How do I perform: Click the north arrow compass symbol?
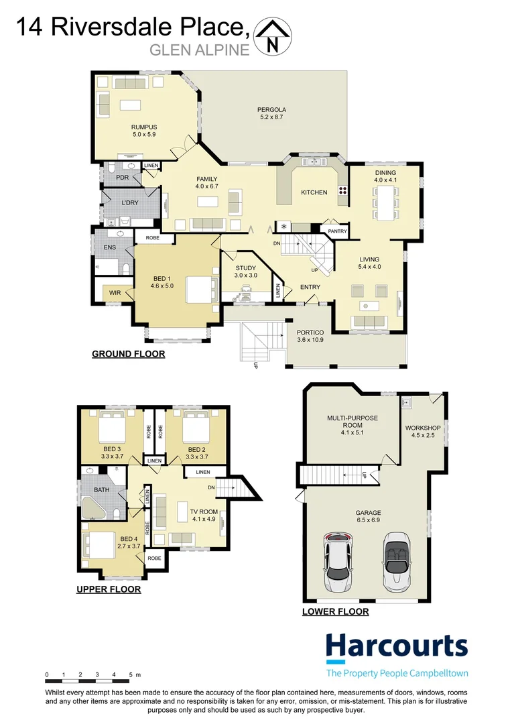click(272, 38)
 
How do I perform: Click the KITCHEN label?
click(314, 192)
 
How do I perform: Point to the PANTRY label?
click(337, 232)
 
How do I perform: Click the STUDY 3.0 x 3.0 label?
click(245, 271)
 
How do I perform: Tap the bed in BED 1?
click(200, 289)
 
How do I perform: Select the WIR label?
click(115, 293)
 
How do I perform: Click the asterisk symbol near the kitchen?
click(283, 227)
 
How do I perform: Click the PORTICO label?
click(310, 336)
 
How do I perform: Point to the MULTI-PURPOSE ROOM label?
click(353, 422)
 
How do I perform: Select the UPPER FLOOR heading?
click(109, 589)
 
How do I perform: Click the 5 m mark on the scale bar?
click(131, 674)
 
